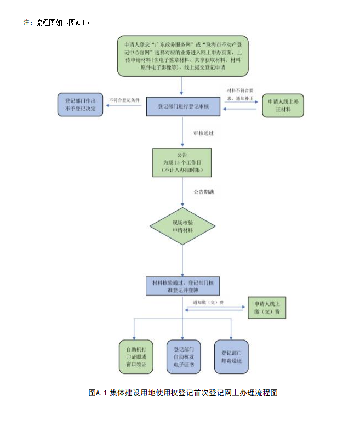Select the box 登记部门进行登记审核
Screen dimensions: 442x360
(183, 106)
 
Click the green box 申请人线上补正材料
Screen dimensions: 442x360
(283, 105)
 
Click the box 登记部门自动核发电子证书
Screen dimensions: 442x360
(183, 356)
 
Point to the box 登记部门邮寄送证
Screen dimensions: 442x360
(231, 356)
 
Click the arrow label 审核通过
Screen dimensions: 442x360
(203, 133)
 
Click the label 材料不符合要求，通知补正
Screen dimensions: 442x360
(241, 93)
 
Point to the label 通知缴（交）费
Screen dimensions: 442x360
(208, 303)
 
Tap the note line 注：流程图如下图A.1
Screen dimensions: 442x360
(56, 23)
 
